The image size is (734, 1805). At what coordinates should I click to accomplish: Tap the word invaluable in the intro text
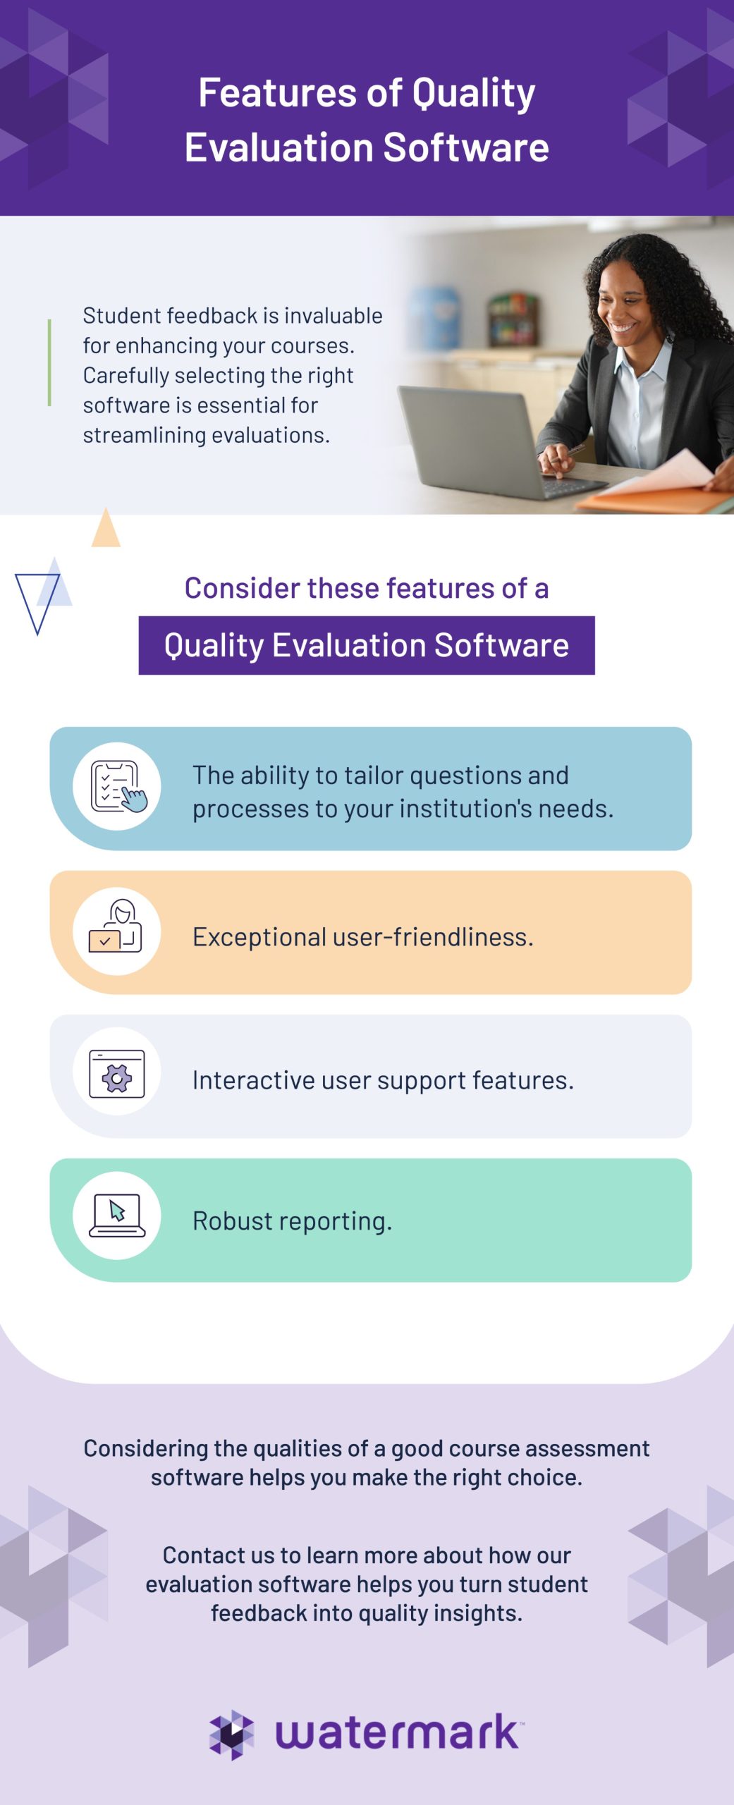click(x=334, y=315)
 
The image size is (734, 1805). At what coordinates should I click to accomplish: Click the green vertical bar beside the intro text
click(x=49, y=362)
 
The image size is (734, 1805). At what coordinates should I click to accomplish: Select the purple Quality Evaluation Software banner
click(x=367, y=645)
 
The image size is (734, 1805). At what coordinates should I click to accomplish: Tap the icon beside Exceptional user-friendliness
click(x=116, y=931)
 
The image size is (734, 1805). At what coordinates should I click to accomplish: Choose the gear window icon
click(x=117, y=1073)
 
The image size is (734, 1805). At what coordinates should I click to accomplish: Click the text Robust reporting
click(x=292, y=1221)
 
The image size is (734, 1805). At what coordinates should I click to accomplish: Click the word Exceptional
click(x=259, y=937)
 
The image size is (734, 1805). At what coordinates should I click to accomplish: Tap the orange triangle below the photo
click(x=106, y=527)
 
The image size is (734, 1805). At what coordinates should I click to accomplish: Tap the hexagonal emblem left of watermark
click(x=231, y=1734)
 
